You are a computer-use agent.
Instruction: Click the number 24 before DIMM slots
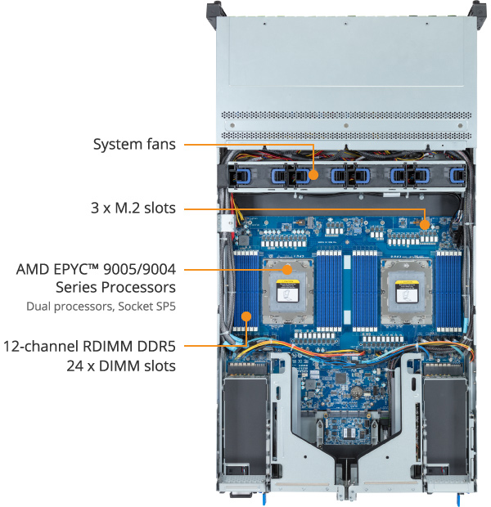[x=76, y=365]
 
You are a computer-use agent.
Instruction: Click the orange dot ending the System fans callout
[x=314, y=173]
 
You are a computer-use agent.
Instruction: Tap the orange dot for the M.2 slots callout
[x=425, y=223]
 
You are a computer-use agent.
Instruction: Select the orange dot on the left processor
[x=288, y=268]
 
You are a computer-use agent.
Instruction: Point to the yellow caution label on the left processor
[x=287, y=285]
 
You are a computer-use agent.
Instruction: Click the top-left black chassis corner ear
[x=214, y=10]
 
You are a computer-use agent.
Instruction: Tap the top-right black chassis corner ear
[x=478, y=10]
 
